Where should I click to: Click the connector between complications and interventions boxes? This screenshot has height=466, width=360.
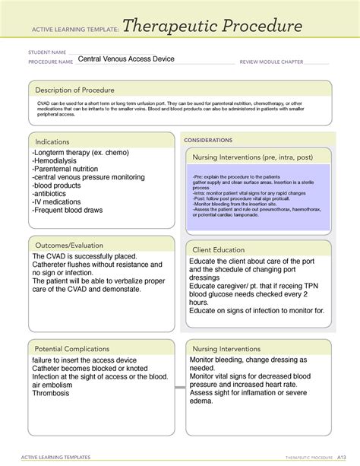[179, 387]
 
